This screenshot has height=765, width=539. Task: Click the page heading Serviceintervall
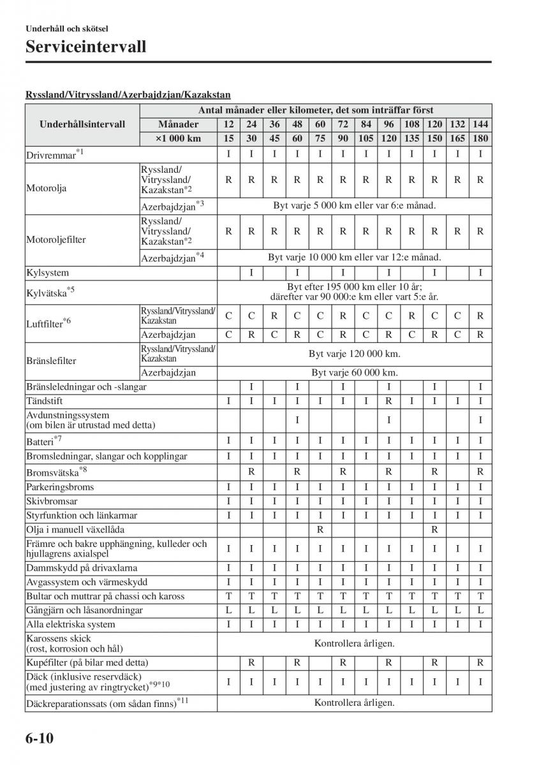point(86,47)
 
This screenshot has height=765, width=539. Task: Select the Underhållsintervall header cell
point(82,125)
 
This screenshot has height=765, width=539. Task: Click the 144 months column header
point(480,124)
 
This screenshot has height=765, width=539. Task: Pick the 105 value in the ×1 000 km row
point(366,138)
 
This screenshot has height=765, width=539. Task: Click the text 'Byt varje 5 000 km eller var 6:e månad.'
point(355,206)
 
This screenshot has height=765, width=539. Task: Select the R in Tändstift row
point(388,401)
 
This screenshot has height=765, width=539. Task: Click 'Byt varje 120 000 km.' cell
point(355,354)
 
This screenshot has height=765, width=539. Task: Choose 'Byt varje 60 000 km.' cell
point(355,373)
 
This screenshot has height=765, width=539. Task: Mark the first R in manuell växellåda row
point(320,530)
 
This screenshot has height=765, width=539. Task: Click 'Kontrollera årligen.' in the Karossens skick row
point(355,643)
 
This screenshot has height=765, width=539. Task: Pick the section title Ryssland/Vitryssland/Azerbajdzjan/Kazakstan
point(128,94)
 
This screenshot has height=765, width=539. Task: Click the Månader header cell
point(178,124)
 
